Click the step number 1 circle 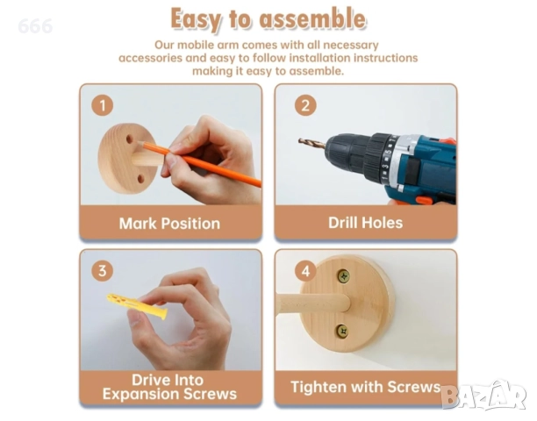click(x=103, y=105)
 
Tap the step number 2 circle click(x=305, y=105)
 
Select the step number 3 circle click(x=103, y=271)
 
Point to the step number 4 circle click(x=305, y=271)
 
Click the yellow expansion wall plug click(x=137, y=305)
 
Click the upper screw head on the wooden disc click(x=344, y=276)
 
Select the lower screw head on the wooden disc click(x=342, y=331)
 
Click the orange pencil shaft click(x=202, y=164)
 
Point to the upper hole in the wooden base click(x=130, y=139)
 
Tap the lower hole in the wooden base click(x=140, y=179)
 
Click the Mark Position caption click(x=169, y=224)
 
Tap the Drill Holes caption click(x=365, y=223)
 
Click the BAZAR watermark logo click(x=483, y=396)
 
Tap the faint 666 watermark click(x=35, y=26)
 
